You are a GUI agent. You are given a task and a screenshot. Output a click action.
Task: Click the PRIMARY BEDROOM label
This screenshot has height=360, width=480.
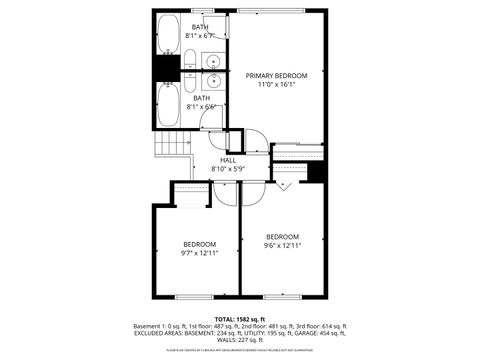tap(277, 76)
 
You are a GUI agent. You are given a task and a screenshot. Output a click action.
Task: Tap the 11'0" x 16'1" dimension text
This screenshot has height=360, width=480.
tap(277, 85)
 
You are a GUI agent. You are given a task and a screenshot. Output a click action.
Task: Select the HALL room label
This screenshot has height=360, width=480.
tap(228, 160)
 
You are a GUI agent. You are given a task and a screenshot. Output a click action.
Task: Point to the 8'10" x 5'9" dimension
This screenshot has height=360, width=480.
tap(228, 169)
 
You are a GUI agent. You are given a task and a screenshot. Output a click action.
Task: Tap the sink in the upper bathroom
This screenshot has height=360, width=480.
tap(212, 61)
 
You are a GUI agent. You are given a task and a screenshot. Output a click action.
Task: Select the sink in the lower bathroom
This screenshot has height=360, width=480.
tap(212, 77)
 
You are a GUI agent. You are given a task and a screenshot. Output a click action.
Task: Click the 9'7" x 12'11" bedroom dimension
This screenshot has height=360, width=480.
tap(199, 253)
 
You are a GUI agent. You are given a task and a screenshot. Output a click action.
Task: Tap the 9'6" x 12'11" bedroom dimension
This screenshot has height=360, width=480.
tap(282, 245)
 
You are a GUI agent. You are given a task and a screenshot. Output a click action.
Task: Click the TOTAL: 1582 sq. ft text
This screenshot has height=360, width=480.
tap(241, 318)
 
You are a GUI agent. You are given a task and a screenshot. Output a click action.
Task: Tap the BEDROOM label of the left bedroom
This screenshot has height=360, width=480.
tap(199, 244)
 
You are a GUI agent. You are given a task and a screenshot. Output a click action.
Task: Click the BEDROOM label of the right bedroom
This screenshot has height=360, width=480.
tap(282, 236)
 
